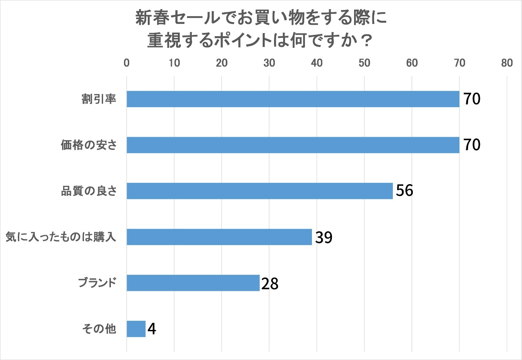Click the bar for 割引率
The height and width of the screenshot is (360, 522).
[293, 99]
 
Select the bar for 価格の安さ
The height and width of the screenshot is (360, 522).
[293, 145]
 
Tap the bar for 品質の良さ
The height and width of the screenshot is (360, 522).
[260, 191]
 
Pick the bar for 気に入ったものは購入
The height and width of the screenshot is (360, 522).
[219, 237]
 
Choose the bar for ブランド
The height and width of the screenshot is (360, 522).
[193, 283]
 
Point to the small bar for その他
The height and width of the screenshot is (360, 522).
[136, 329]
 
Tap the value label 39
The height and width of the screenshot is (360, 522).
[324, 237]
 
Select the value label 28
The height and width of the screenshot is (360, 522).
[270, 283]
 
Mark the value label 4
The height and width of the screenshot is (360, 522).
[152, 329]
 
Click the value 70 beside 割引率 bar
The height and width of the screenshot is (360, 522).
[471, 100]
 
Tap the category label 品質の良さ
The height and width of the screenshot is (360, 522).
[89, 191]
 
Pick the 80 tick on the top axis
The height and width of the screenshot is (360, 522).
[507, 63]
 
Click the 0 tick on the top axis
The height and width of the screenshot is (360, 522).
[127, 63]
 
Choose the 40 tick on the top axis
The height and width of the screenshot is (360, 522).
[317, 63]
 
